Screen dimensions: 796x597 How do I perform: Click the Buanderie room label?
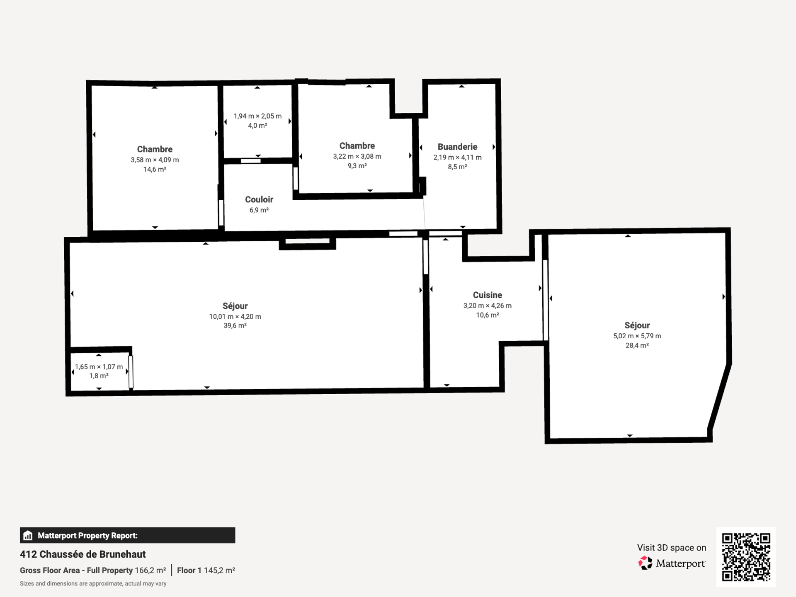(457, 147)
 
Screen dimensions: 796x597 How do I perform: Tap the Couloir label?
(259, 199)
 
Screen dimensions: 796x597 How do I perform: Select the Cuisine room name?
(488, 295)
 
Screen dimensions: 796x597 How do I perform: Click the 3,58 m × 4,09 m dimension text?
(155, 160)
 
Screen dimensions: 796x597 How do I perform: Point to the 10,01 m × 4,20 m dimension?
(235, 317)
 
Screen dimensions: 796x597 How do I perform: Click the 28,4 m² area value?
(637, 345)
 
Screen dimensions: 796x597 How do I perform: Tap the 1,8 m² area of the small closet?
(99, 376)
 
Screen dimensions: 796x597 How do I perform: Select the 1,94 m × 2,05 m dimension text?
(257, 116)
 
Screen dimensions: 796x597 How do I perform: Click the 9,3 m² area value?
(357, 166)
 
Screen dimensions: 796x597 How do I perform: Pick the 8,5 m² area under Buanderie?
(457, 167)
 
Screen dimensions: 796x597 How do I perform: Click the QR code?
(746, 557)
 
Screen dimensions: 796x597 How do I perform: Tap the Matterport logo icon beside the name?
(645, 563)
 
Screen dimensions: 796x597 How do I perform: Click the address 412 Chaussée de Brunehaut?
(83, 554)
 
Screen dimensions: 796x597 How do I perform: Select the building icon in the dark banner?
(28, 535)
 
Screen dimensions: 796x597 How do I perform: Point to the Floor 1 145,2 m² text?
(206, 570)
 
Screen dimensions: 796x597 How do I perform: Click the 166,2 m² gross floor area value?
(150, 570)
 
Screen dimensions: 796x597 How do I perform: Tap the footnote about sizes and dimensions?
(93, 584)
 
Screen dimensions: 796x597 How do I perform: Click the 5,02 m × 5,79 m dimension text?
(637, 336)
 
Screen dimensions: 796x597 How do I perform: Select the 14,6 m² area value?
(155, 170)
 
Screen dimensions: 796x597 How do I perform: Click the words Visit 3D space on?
(672, 548)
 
